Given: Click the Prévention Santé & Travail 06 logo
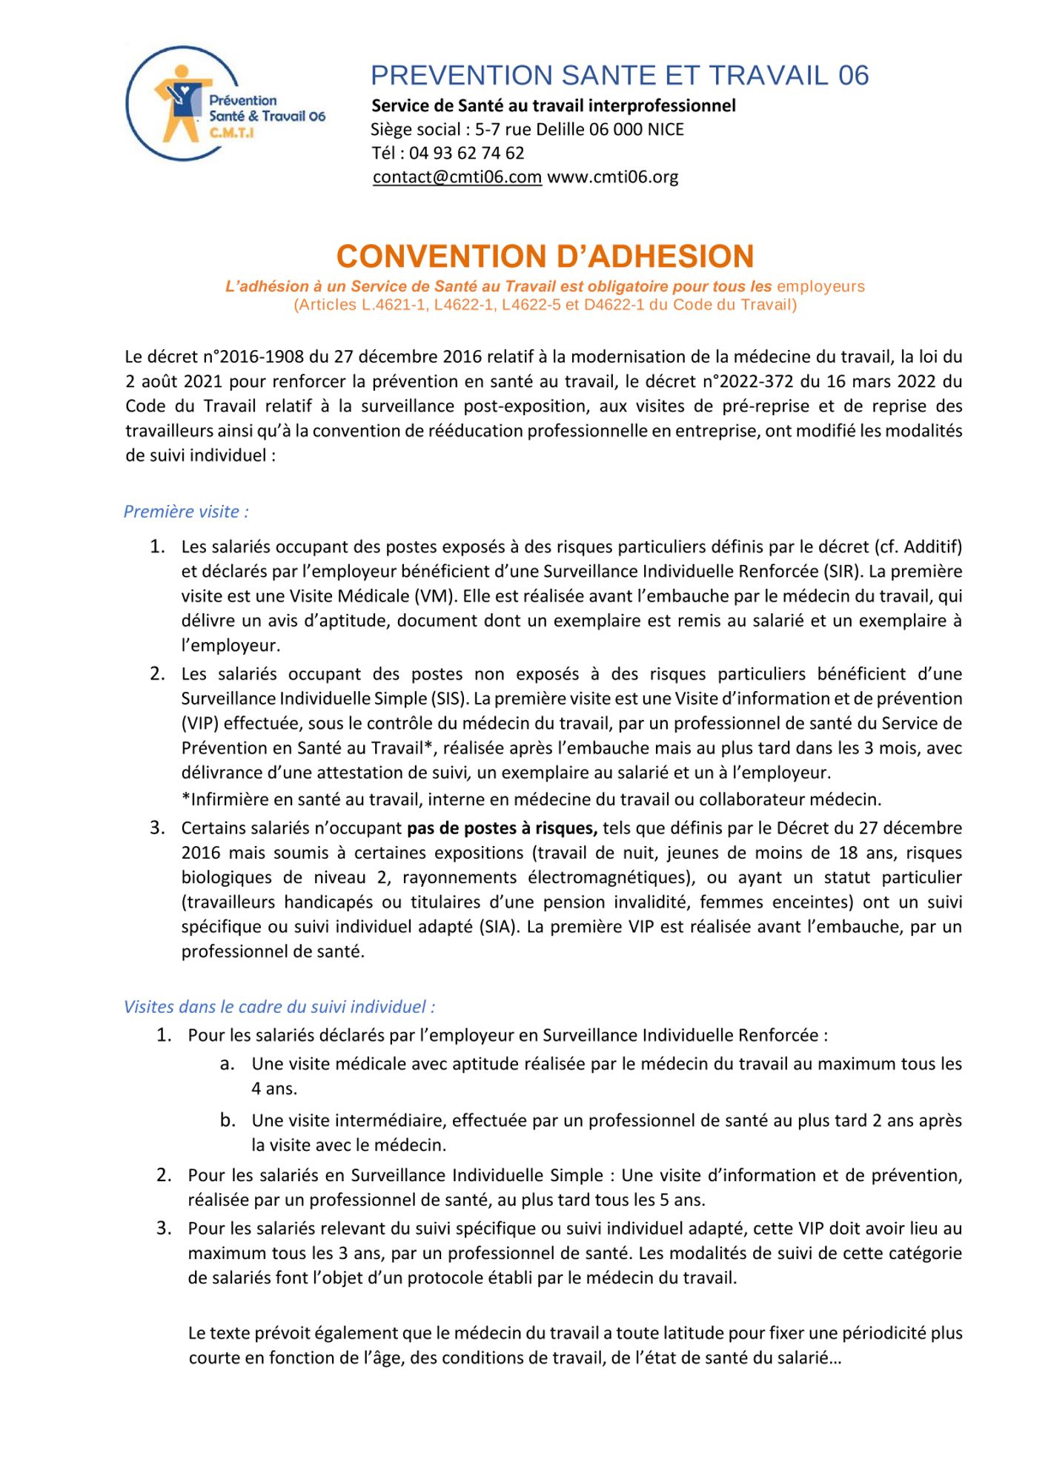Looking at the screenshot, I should (x=222, y=105).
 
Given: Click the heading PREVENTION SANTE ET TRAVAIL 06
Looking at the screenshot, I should (x=619, y=76).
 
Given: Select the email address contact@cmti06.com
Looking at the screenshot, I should (x=457, y=177).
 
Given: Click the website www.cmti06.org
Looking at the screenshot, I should (x=612, y=177).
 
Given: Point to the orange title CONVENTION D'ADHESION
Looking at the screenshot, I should (x=545, y=257).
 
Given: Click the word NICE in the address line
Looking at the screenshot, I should (x=666, y=130).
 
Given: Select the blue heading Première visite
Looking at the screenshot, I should (x=186, y=512).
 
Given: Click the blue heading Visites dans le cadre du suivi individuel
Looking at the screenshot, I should (x=279, y=1007).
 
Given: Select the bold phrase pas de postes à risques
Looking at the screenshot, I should (x=502, y=828).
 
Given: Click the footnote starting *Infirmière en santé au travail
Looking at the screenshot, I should (x=531, y=800).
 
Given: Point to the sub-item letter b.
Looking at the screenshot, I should (x=228, y=1120).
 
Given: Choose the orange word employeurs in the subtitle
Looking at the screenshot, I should (x=820, y=287).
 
